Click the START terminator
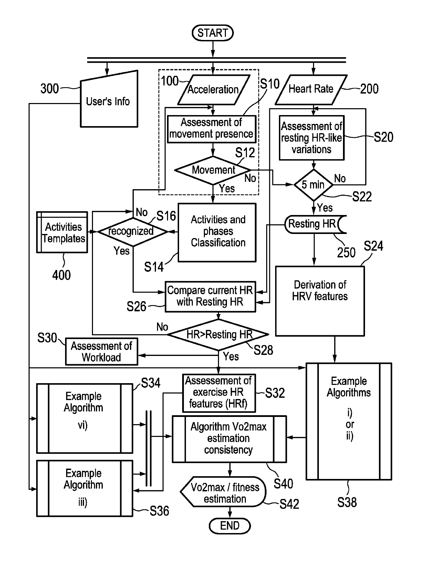click(x=212, y=33)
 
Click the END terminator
click(x=229, y=525)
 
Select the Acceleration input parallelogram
click(x=213, y=90)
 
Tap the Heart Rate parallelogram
click(x=311, y=90)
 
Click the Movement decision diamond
click(x=212, y=170)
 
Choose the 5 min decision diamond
click(x=314, y=185)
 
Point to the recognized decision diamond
click(x=133, y=232)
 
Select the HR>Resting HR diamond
click(x=218, y=334)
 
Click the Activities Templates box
click(x=62, y=232)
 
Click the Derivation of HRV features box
click(x=320, y=301)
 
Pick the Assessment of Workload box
click(x=102, y=351)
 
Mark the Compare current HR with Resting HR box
click(x=210, y=297)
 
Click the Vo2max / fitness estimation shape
click(x=223, y=492)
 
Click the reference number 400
click(x=61, y=275)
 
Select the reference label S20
click(x=383, y=137)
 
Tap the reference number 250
click(x=346, y=253)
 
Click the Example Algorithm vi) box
click(x=85, y=418)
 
